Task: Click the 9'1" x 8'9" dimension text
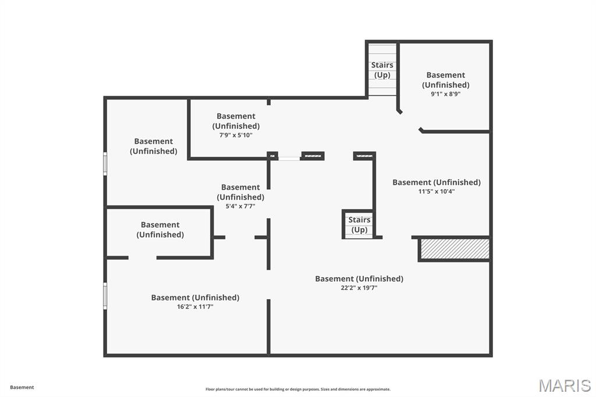point(445,94)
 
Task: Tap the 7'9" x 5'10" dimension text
point(236,135)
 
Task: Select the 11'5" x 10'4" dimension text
point(437,192)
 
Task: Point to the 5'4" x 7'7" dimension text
point(240,206)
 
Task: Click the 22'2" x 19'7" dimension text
point(359,288)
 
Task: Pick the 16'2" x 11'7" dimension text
point(195,307)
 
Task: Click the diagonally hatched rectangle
point(455,249)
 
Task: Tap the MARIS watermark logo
point(565,385)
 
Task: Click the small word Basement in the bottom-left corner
point(22,387)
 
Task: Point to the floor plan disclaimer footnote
point(298,389)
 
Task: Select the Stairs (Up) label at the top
point(382,70)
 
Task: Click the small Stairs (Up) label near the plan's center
point(359,225)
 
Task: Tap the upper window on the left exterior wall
point(105,164)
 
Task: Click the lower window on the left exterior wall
point(105,296)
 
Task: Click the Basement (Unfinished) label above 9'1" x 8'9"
point(445,80)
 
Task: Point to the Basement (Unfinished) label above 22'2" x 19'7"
point(359,279)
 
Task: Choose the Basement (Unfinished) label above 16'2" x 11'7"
point(196,297)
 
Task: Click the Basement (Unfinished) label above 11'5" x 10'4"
point(437,182)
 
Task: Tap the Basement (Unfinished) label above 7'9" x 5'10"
point(236,121)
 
